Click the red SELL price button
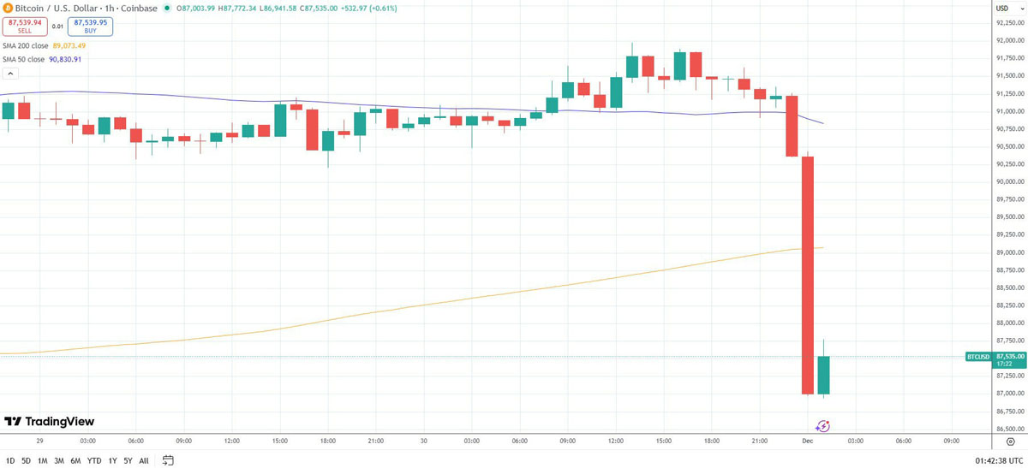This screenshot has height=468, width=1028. click(x=24, y=27)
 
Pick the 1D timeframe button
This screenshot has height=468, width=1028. click(x=10, y=460)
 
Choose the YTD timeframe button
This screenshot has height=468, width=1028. click(x=94, y=460)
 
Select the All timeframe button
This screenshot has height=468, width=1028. click(x=144, y=460)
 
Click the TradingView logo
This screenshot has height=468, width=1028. click(x=50, y=422)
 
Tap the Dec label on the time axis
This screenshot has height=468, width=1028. click(x=807, y=441)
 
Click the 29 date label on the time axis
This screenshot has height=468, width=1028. click(x=39, y=441)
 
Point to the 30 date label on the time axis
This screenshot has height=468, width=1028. click(x=423, y=441)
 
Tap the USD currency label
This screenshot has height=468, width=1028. click(x=1002, y=9)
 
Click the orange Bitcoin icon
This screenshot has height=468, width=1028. click(x=7, y=9)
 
